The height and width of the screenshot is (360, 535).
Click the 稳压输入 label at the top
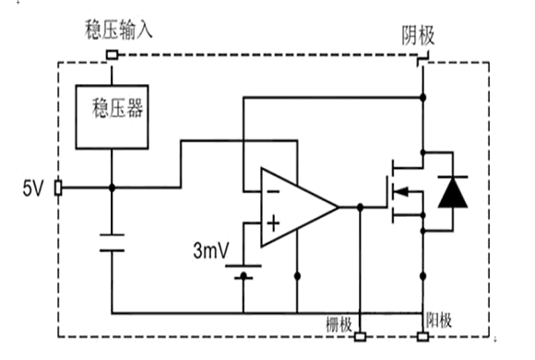118,30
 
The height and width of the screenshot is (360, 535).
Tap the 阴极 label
418,35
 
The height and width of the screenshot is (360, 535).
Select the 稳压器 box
112,117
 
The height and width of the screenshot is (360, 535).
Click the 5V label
33,188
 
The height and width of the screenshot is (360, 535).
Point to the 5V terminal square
58,188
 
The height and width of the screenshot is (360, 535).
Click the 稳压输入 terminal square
112,54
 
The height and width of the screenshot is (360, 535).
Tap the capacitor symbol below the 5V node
112,243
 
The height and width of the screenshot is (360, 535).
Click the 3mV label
211,250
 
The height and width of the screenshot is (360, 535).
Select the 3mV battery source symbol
244,272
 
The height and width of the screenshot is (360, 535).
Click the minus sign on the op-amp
273,192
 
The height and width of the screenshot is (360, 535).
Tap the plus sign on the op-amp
273,223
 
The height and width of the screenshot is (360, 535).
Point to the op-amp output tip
338,207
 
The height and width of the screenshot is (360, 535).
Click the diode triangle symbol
453,192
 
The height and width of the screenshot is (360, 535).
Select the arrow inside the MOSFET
401,192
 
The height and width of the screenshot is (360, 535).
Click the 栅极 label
339,324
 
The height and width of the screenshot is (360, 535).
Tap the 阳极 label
439,320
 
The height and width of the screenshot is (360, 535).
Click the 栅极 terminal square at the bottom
360,337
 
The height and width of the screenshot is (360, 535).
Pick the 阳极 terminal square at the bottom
423,337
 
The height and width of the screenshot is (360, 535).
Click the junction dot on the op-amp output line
360,207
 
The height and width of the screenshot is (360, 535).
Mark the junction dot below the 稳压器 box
112,188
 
